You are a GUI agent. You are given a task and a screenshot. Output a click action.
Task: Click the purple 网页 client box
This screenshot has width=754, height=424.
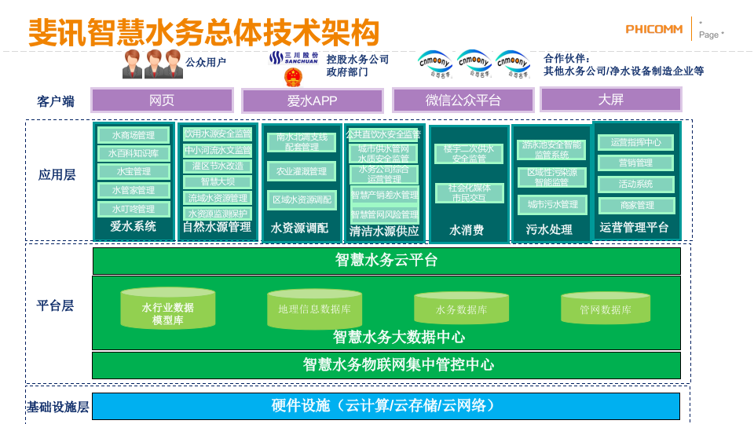[162, 100]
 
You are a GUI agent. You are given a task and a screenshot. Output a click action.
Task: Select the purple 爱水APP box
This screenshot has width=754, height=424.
[312, 101]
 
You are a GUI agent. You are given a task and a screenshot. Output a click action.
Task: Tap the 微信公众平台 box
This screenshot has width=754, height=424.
[463, 101]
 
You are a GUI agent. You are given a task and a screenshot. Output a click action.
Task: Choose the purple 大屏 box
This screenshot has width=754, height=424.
[610, 99]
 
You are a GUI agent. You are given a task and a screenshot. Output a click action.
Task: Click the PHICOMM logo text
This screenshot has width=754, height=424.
[655, 30]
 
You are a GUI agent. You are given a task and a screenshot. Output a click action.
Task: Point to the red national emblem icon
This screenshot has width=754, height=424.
[292, 76]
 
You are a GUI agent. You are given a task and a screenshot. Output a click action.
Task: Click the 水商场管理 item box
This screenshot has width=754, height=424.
[133, 135]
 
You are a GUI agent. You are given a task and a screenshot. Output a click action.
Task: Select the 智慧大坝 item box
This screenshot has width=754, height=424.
[218, 182]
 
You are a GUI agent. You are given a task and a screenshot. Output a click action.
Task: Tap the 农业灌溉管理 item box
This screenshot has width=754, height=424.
[301, 171]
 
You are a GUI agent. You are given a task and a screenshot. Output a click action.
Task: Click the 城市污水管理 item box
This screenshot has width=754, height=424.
[552, 205]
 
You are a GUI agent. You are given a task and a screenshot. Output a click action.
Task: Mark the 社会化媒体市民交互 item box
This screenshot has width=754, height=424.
[469, 193]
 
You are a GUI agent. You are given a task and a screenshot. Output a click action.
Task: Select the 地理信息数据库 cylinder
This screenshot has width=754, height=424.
[314, 309]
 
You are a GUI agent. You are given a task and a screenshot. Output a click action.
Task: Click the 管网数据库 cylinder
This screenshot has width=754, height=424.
[605, 309]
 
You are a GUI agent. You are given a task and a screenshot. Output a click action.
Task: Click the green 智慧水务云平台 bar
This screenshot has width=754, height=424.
[386, 261]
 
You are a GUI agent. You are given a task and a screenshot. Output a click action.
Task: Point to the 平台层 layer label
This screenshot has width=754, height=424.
[57, 305]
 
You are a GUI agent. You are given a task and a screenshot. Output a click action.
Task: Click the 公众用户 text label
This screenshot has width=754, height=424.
[206, 63]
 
